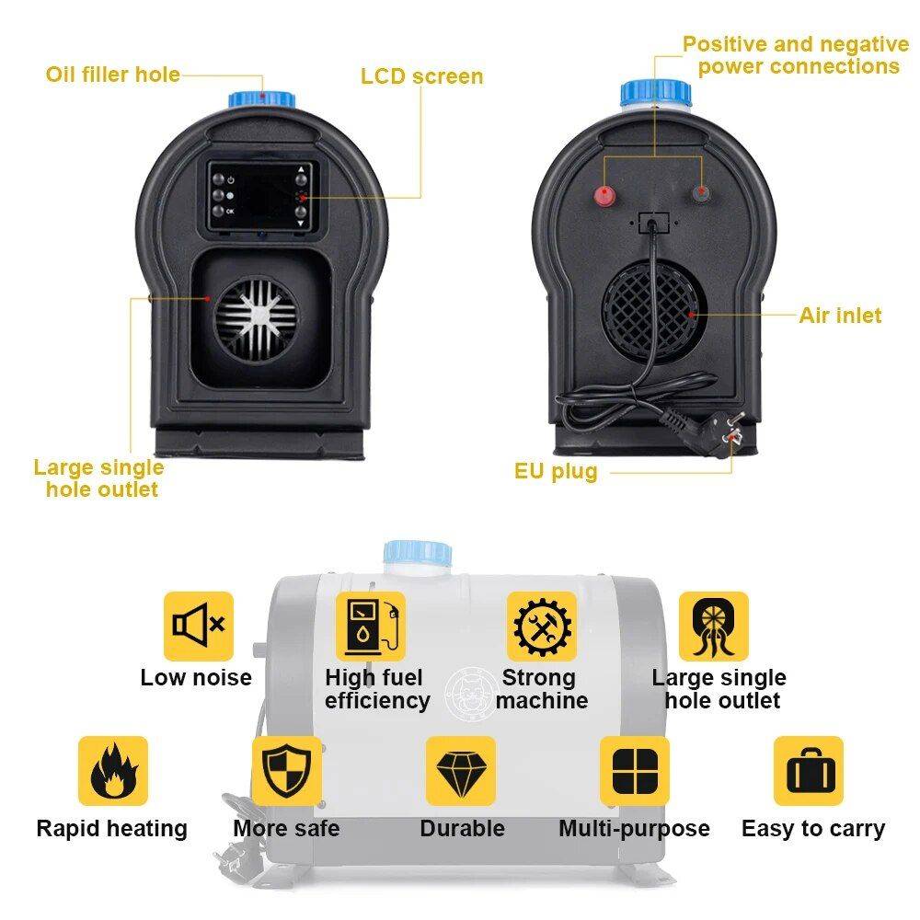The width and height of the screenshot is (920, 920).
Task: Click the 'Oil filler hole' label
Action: point(112,75)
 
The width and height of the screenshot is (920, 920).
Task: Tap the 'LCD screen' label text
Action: point(421,76)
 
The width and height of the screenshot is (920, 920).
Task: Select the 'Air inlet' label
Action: point(839,316)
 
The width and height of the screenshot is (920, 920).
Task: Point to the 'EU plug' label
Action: point(556,472)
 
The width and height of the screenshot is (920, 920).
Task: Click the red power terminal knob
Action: point(604,194)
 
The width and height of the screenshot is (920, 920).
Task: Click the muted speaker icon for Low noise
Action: point(199,626)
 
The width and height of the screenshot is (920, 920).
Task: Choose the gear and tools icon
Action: point(542,626)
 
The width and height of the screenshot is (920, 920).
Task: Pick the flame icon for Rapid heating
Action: point(113,771)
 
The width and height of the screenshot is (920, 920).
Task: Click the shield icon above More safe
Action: point(286,771)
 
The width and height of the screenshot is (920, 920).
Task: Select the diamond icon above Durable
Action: point(460,771)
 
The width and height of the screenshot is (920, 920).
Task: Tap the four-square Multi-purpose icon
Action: point(635,771)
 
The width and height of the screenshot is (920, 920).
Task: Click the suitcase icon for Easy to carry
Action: point(808,771)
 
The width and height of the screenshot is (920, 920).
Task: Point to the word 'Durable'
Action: point(462,829)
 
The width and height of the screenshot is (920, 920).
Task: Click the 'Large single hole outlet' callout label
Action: point(99,478)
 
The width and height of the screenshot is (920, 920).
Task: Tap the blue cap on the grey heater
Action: point(418,554)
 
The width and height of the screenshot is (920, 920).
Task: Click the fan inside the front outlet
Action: point(257,318)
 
